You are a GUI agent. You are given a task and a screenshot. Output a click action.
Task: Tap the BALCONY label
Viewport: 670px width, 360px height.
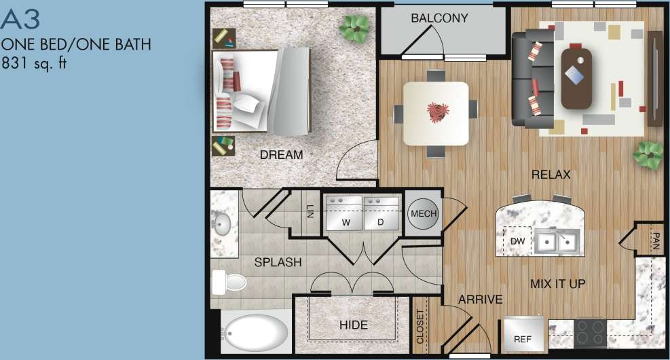tap(439, 18)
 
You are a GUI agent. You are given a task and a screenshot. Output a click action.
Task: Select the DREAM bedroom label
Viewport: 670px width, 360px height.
tap(281, 155)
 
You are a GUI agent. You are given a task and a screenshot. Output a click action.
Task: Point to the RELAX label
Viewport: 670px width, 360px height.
tap(551, 175)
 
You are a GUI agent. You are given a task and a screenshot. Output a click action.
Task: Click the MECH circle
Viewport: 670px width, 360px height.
tap(424, 215)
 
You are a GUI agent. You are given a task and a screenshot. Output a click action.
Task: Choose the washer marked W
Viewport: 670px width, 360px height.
tap(345, 213)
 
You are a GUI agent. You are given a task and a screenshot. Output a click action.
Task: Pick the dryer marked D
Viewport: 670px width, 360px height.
tap(381, 213)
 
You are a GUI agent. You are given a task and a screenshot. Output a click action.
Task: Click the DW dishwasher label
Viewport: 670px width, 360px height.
tap(517, 240)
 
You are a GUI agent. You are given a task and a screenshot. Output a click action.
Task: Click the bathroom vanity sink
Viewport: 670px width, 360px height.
tap(222, 224)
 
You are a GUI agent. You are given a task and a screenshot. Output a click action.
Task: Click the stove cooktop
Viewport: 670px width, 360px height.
tap(591, 333)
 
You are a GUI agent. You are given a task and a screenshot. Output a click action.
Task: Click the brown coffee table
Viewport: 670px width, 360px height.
tap(576, 77)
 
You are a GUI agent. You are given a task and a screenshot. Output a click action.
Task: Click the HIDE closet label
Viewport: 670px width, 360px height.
tap(353, 325)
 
